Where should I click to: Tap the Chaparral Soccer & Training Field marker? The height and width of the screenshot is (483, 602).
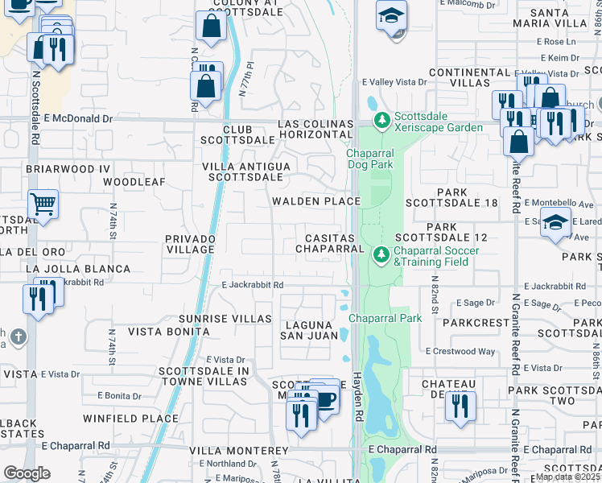(381, 255)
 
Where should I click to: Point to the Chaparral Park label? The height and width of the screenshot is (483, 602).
(386, 319)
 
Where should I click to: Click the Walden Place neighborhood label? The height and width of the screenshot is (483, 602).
(315, 201)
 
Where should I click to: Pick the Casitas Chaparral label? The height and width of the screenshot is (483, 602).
(330, 244)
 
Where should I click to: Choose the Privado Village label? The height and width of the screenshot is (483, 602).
(190, 244)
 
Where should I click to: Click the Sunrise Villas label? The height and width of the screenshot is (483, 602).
(225, 319)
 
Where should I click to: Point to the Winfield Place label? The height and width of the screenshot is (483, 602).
(130, 419)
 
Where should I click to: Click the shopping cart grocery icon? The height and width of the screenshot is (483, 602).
(43, 204)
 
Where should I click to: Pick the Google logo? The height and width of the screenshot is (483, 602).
(27, 473)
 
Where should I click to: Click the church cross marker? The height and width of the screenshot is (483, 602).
(19, 336)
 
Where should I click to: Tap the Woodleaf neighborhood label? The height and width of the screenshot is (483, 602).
(134, 182)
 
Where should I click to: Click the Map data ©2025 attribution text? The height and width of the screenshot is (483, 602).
(567, 477)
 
